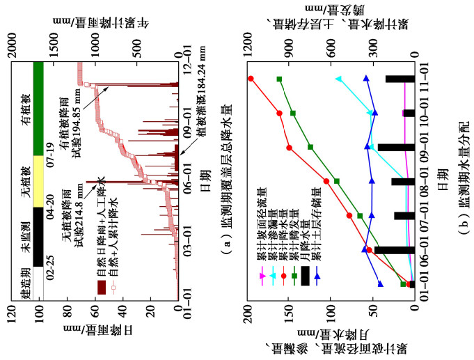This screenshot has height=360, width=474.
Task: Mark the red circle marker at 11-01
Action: point(251,79)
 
